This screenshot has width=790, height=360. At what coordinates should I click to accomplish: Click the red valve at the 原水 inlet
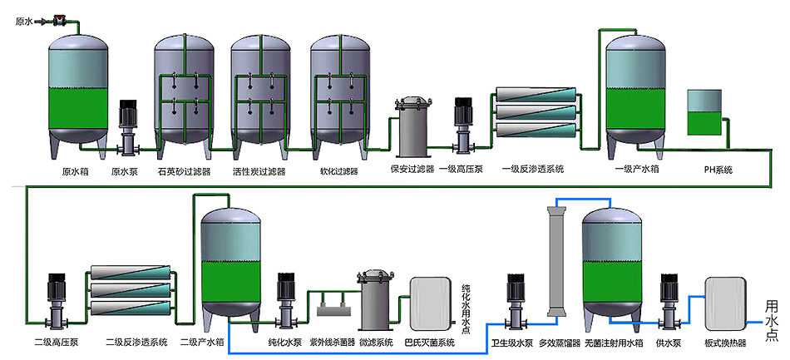[x=58, y=19]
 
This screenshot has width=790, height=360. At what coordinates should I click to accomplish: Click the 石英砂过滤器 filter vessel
[x=184, y=91]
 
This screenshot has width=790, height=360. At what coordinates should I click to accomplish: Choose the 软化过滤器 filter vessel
[x=338, y=91]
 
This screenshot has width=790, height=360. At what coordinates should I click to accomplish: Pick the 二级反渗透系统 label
[x=136, y=342]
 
